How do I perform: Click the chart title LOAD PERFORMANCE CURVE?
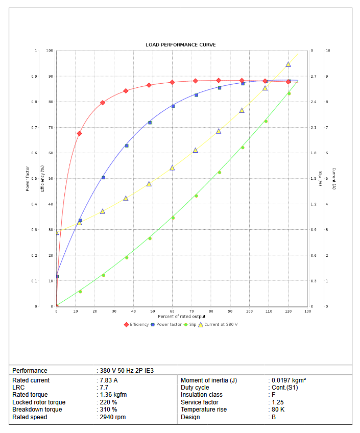(181, 45)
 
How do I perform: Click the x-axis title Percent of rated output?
(182, 317)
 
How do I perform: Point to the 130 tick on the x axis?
(307, 311)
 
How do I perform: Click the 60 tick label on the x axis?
(172, 311)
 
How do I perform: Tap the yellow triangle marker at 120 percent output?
(288, 64)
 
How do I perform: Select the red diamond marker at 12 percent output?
(79, 133)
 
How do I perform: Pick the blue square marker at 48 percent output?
(150, 123)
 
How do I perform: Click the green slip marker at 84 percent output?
(219, 173)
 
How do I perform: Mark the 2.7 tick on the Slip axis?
(313, 77)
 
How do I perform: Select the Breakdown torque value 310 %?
(109, 410)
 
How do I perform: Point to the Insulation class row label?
(202, 395)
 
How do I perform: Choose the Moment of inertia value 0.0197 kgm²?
(289, 380)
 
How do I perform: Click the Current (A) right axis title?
(333, 179)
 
